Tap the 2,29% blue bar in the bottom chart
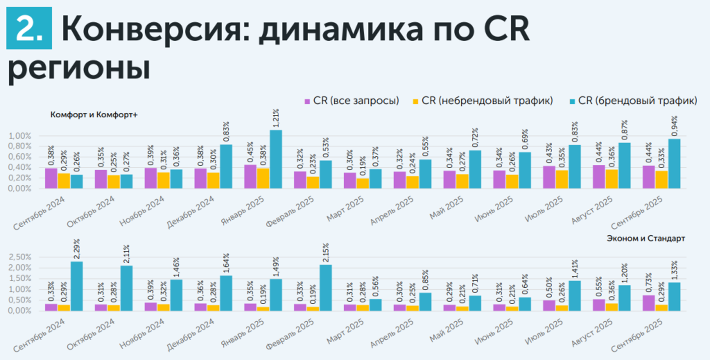[x=76, y=285]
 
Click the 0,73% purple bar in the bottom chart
[x=648, y=302]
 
